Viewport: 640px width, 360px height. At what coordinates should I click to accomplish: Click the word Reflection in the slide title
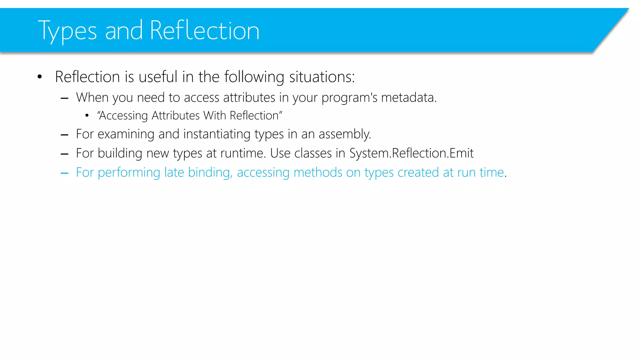click(204, 31)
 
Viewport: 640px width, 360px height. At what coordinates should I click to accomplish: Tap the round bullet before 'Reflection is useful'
click(39, 77)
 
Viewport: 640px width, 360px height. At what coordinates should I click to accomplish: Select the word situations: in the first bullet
click(322, 77)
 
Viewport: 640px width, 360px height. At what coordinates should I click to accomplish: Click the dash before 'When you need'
click(65, 98)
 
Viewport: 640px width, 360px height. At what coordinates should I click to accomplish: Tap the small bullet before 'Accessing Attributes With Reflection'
click(87, 116)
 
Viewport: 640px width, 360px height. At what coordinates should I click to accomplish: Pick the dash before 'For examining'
click(65, 135)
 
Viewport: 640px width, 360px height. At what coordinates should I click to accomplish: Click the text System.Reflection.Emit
click(411, 153)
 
